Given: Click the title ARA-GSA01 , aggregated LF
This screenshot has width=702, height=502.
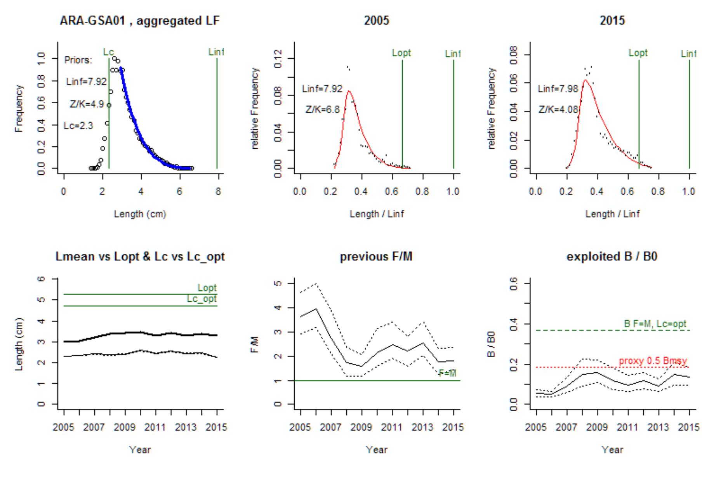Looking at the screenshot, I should coord(139,21).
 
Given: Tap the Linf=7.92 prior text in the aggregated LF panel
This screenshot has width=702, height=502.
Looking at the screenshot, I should coord(86,82).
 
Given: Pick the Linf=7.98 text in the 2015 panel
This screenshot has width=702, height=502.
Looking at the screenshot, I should coord(558,89).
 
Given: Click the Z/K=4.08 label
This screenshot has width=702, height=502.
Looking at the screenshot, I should coord(558,110).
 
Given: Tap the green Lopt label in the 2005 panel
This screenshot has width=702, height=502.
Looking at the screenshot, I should coord(401,53).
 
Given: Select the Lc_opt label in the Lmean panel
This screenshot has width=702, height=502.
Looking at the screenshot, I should coord(202,299).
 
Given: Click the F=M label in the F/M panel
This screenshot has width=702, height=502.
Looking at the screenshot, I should coord(447,373).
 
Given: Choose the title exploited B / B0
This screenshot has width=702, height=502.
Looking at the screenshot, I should coord(612,257).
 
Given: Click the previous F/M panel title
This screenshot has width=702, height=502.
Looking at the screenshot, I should coord(376,257).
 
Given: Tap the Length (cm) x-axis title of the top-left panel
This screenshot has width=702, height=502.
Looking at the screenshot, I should coord(140,214).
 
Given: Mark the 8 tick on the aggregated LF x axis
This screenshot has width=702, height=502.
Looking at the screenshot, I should coord(218,191).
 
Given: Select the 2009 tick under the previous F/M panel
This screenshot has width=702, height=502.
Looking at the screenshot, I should coord(361,427).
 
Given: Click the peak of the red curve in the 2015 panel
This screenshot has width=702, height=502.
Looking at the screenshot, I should coord(585,80).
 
